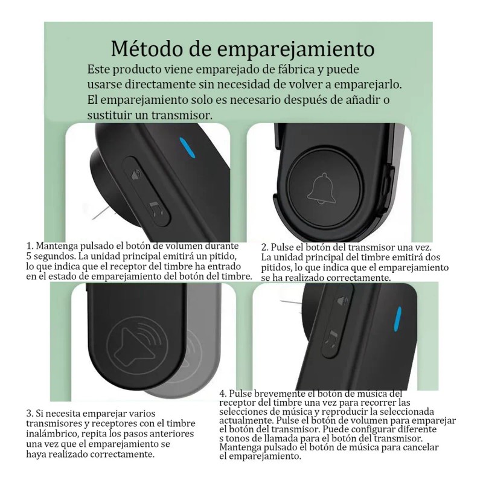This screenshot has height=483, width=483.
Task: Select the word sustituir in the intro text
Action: pyautogui.click(x=111, y=114)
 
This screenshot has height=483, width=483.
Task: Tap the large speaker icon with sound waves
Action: pyautogui.click(x=136, y=342)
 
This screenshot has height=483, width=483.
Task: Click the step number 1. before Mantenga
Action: pyautogui.click(x=30, y=246)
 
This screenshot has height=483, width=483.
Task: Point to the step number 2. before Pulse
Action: pyautogui.click(x=265, y=248)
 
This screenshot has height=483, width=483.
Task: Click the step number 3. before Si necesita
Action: pyautogui.click(x=30, y=414)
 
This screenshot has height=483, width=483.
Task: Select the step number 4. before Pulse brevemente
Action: pyautogui.click(x=223, y=393)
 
